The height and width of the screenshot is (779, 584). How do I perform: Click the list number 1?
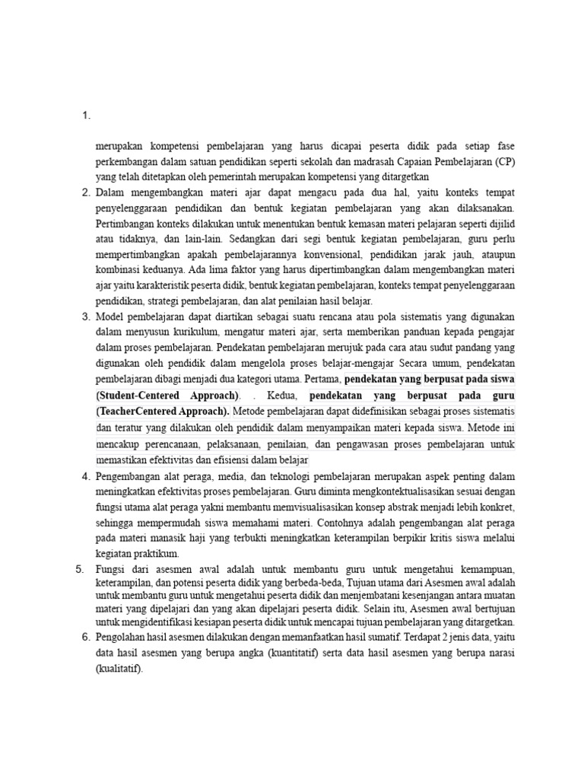coord(85,116)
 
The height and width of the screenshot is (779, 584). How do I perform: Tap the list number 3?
coord(85,316)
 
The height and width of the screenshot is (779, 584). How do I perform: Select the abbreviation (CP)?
coord(503,162)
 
